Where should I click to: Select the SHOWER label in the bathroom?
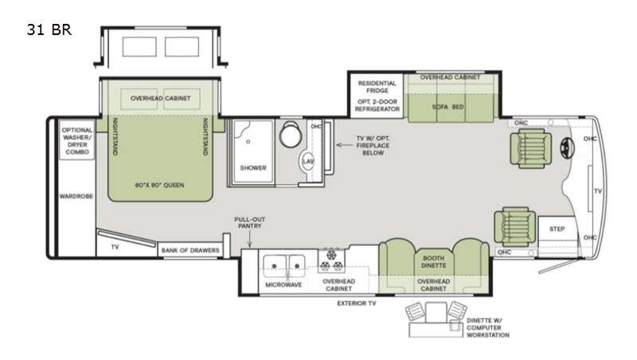[252, 167]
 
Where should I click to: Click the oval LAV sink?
[308, 163]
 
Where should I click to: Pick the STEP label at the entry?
[557, 228]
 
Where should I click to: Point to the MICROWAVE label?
[283, 284]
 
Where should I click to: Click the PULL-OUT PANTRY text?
[249, 223]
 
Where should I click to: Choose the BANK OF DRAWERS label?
[190, 251]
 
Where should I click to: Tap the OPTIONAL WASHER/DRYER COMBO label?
[77, 140]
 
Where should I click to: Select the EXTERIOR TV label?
[355, 303]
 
